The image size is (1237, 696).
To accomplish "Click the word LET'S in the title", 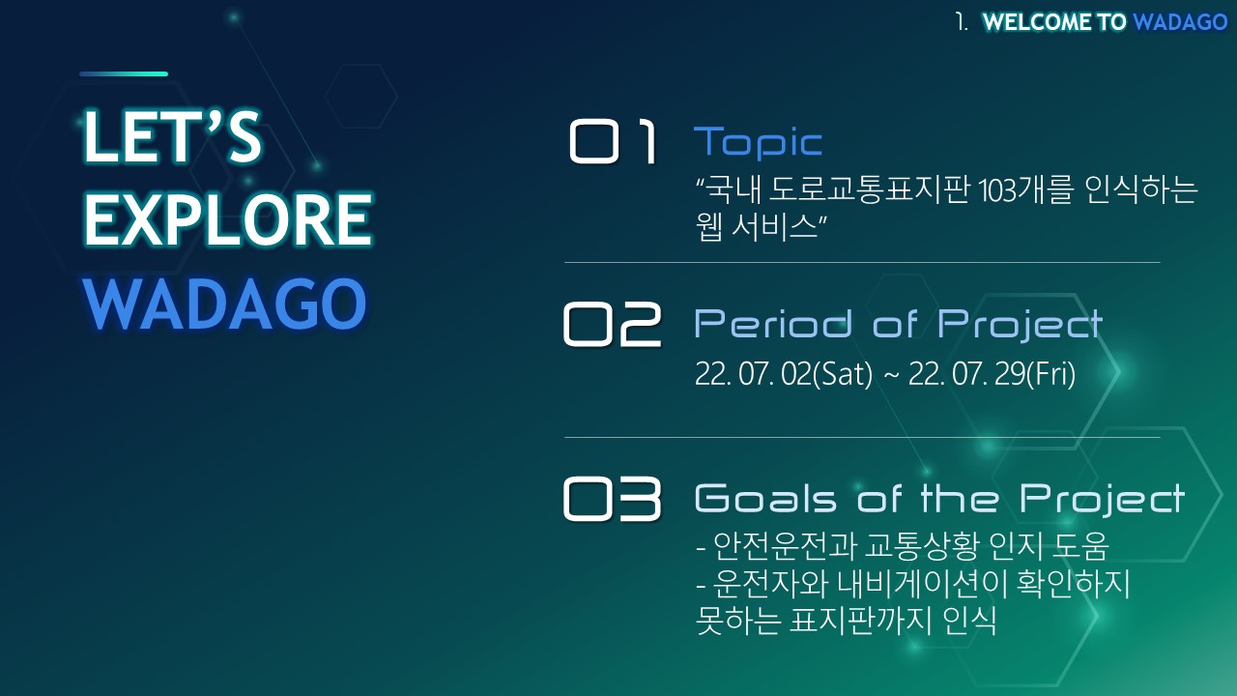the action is pos(172,136).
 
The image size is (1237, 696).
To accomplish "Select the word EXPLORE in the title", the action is pos(228,219).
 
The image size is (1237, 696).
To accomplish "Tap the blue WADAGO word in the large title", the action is pos(225,304).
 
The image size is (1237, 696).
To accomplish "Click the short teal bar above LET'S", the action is pos(124,73).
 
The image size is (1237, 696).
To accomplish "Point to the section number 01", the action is pos(613,142).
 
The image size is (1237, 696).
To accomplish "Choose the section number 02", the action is pos(612,324).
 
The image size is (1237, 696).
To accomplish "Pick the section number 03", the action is pos(612,499).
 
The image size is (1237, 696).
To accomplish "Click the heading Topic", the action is pos(759,142).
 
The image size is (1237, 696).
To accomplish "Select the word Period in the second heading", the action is pos(773,324).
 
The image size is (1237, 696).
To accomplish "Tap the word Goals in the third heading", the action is pos(765,498).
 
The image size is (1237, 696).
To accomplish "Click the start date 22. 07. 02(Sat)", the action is pos(784,374).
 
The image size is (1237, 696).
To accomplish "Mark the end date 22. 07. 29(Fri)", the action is pos(992,374).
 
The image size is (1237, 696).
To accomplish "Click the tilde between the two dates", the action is pos(891,376).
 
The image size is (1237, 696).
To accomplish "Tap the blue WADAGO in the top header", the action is pos(1180,22).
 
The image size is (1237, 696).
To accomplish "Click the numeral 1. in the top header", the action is pos(962,22).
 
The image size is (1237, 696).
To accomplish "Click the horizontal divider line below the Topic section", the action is pos(862,262).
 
